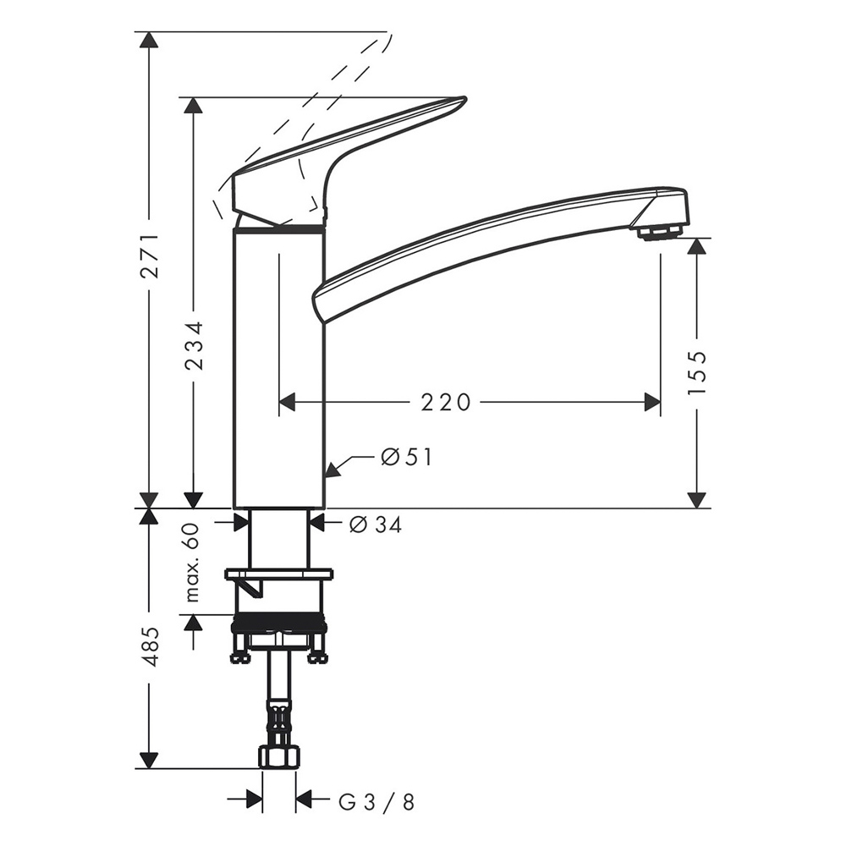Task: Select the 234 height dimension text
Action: click(x=194, y=345)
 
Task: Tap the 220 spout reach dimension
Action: click(x=446, y=403)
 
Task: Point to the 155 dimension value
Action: click(x=696, y=373)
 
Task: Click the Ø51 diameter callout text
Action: click(x=406, y=458)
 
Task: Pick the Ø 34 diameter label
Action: click(x=375, y=525)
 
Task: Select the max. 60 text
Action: click(x=193, y=563)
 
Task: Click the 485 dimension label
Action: click(x=149, y=646)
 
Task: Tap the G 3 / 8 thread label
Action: click(x=376, y=801)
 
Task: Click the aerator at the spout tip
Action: click(x=658, y=231)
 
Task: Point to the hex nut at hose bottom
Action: click(x=278, y=756)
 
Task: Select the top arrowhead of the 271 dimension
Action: click(x=149, y=41)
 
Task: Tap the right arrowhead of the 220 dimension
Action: click(x=652, y=403)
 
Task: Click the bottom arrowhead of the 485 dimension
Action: click(x=149, y=760)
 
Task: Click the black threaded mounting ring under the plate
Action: click(x=278, y=627)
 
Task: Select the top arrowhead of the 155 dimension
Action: click(x=696, y=246)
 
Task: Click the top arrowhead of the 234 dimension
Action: click(x=194, y=106)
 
